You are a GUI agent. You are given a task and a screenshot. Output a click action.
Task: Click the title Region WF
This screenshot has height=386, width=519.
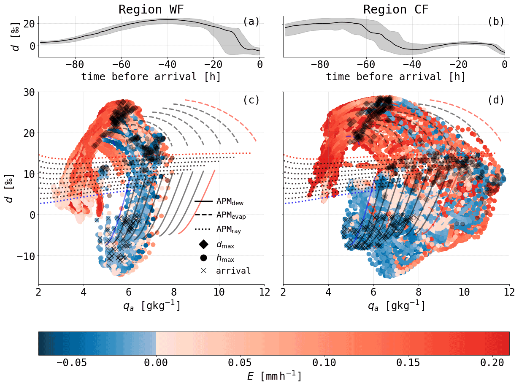(151, 9)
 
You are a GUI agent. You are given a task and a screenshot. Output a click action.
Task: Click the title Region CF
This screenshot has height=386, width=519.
(396, 9)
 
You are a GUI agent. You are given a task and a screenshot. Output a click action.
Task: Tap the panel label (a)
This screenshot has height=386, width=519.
(251, 22)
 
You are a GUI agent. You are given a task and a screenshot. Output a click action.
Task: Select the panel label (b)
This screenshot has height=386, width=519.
(496, 22)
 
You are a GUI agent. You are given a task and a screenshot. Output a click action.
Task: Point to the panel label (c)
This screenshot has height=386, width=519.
(251, 100)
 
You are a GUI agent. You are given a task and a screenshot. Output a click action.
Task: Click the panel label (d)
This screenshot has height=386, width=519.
(496, 100)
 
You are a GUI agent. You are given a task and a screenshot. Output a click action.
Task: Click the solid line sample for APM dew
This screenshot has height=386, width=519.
(203, 201)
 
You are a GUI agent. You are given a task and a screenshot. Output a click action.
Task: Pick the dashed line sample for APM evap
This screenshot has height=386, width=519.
(203, 215)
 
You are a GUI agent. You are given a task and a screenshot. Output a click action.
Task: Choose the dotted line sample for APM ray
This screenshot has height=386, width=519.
(203, 229)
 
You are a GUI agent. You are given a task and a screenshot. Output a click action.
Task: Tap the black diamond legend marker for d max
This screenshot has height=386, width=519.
(203, 244)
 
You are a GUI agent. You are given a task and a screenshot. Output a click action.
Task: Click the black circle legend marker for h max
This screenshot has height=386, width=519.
(203, 258)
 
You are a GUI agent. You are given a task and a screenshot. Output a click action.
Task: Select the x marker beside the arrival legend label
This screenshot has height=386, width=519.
(203, 271)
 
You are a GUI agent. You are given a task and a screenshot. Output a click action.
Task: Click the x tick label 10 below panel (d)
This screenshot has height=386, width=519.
(464, 292)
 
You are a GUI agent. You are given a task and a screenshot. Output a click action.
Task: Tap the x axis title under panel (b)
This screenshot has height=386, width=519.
(396, 77)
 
